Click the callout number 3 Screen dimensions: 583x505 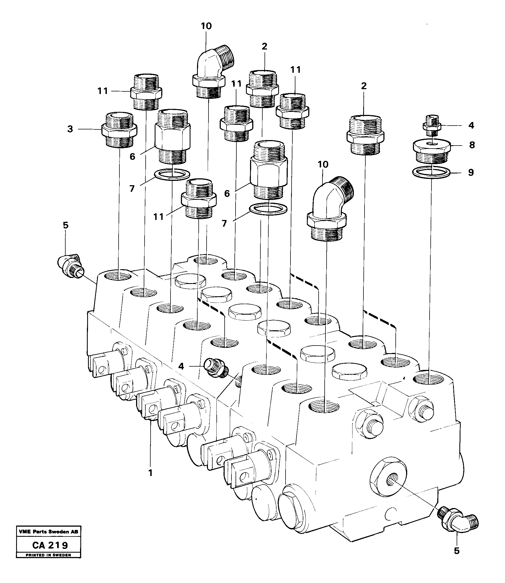pyautogui.click(x=70, y=129)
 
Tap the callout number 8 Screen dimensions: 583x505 pyautogui.click(x=472, y=145)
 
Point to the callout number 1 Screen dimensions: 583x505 pyautogui.click(x=151, y=473)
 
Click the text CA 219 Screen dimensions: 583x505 pyautogui.click(x=50, y=553)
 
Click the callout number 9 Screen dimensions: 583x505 pyautogui.click(x=471, y=172)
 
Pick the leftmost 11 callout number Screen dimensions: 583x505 pyautogui.click(x=103, y=91)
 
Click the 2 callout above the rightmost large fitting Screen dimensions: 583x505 pyautogui.click(x=364, y=86)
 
